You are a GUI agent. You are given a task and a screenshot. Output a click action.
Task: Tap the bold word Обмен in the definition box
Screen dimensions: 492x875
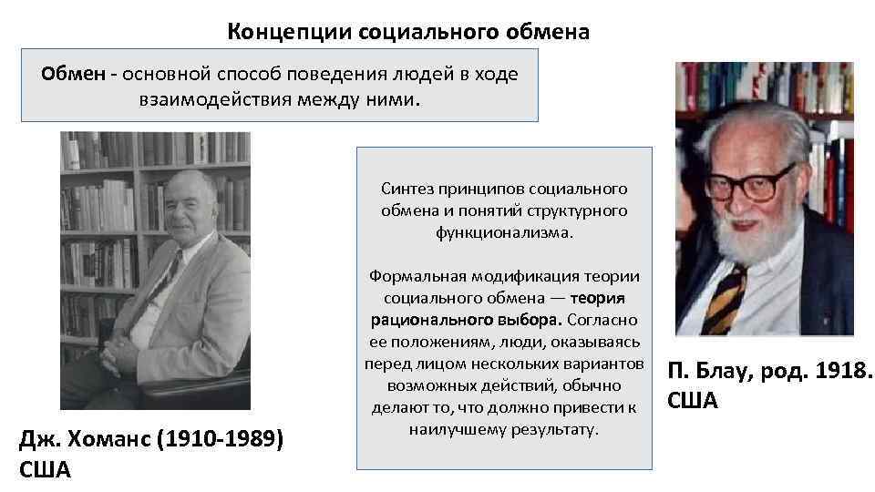point(74,74)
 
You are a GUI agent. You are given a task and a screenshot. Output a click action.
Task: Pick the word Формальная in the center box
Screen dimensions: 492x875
point(413,276)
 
